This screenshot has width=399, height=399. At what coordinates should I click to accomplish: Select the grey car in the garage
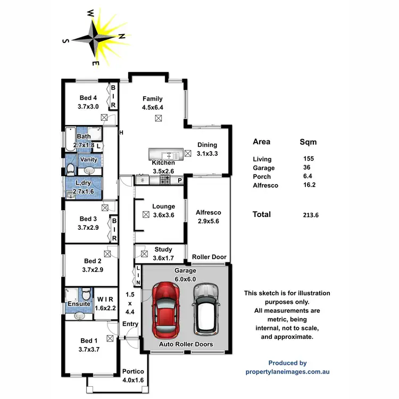click(x=206, y=307)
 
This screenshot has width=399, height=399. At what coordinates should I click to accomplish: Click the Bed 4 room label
click(x=88, y=98)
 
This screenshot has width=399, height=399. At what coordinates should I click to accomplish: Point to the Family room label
click(x=152, y=99)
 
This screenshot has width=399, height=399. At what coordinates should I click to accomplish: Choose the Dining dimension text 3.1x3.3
click(x=207, y=153)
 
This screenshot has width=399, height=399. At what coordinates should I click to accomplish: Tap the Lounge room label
click(x=163, y=206)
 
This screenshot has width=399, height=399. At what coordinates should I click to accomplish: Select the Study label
click(x=163, y=250)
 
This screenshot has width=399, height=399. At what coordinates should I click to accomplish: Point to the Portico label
click(x=133, y=371)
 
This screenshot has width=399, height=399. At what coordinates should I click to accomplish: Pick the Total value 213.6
click(x=310, y=215)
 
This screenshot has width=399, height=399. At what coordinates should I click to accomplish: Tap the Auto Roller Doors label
click(x=187, y=344)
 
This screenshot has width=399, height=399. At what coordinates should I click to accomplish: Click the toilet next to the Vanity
click(x=71, y=169)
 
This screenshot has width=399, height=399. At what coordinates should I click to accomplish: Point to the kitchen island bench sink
click(x=168, y=155)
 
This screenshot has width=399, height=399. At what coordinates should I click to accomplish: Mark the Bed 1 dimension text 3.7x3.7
click(x=88, y=350)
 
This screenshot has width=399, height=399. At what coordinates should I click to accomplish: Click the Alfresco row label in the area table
click(x=265, y=185)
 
